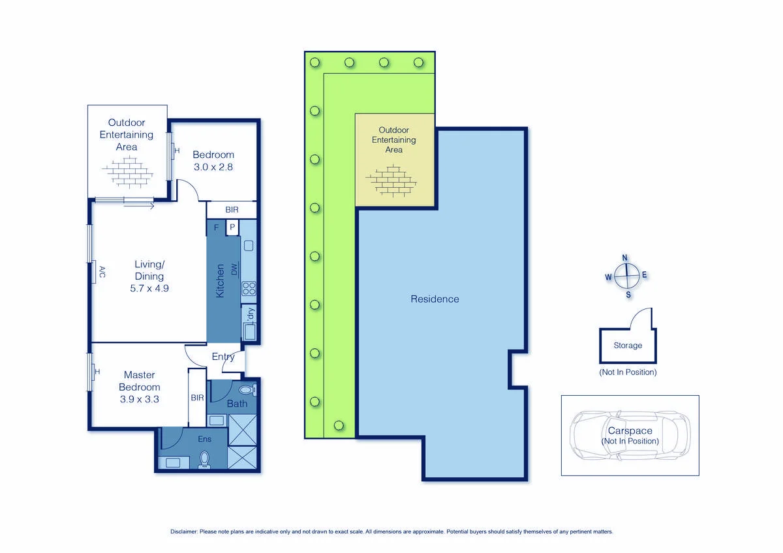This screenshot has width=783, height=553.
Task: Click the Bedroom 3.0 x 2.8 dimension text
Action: [213, 167]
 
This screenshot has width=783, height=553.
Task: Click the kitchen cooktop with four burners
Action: [249, 289]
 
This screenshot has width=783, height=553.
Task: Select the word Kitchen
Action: [221, 280]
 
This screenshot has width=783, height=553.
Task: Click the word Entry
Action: [223, 357]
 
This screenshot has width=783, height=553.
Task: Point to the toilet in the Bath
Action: [246, 390]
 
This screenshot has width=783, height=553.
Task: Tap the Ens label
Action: [205, 439]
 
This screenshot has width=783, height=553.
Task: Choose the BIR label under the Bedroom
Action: [232, 210]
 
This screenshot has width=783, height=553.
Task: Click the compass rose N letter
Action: [625, 258]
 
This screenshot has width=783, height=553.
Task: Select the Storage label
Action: [627, 346]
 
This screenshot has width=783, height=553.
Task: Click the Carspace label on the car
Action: [630, 431]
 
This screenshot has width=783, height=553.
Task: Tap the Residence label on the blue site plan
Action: [435, 299]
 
